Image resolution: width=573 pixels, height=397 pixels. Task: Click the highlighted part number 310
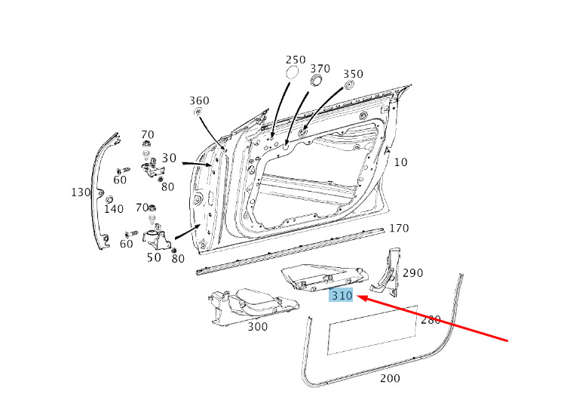click(x=342, y=295)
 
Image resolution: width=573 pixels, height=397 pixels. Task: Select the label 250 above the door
click(x=296, y=60)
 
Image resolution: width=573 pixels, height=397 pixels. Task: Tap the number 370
click(x=320, y=69)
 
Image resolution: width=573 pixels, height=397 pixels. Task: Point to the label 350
click(x=353, y=74)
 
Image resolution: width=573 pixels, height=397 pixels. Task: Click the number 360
click(x=199, y=100)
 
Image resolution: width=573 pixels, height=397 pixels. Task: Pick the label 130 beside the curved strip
click(x=81, y=192)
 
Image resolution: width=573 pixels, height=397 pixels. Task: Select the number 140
click(x=114, y=209)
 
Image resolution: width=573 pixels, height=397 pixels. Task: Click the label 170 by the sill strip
click(x=399, y=229)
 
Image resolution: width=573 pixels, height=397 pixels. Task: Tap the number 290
click(x=413, y=273)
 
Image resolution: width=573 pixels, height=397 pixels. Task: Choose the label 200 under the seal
click(x=390, y=378)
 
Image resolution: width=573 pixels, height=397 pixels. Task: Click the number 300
click(x=258, y=327)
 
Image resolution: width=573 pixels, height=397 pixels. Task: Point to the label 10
click(x=400, y=162)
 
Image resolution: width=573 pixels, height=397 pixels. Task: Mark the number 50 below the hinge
click(x=154, y=257)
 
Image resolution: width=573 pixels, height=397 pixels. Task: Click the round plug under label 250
click(x=292, y=72)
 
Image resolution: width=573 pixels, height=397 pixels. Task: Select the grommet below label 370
click(x=316, y=81)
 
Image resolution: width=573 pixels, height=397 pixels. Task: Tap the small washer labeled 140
click(x=109, y=200)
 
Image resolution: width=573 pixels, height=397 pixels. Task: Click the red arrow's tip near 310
click(x=357, y=296)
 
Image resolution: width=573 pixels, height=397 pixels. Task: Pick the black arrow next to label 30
click(x=197, y=164)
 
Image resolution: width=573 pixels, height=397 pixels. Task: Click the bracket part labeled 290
click(x=385, y=272)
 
